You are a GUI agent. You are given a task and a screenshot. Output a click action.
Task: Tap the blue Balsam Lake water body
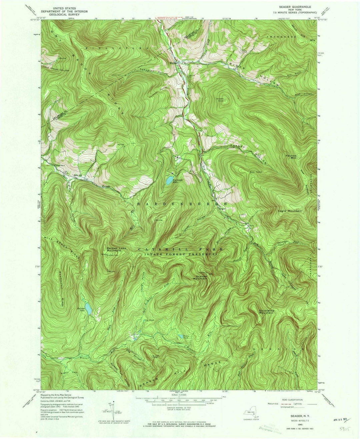[88, 308]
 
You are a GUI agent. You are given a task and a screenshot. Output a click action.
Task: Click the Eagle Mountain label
[290, 211]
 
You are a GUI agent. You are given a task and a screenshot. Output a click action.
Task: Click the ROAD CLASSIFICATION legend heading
[292, 400]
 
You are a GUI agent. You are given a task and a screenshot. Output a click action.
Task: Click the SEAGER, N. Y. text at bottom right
[293, 416]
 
